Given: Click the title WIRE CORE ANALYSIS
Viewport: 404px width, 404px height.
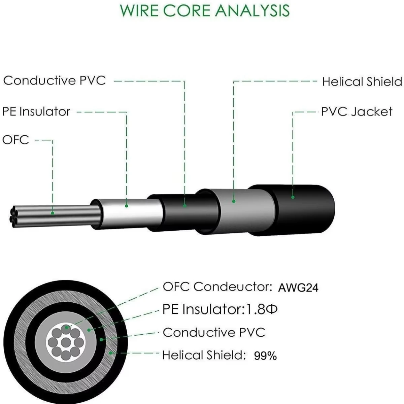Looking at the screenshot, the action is (205, 10).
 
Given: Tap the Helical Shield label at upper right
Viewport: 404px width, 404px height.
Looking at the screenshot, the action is (362, 81).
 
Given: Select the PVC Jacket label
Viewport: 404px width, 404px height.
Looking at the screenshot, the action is (357, 111).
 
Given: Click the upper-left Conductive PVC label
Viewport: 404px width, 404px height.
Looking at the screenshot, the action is (55, 80).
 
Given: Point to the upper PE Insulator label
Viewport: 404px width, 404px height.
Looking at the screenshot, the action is (36, 111).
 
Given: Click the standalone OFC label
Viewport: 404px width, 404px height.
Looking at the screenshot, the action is (15, 140).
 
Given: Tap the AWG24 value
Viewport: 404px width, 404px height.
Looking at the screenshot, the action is (298, 288).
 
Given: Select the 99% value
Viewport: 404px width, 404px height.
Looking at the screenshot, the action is (265, 356).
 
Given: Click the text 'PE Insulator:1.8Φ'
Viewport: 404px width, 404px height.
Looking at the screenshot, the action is (220, 309).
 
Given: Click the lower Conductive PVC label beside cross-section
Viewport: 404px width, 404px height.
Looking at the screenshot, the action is (214, 332).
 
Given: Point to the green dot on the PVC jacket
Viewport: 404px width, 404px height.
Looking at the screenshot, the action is (293, 197).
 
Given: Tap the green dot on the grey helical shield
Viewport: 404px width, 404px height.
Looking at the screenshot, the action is (234, 201).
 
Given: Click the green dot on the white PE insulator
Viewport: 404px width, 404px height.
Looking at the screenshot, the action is (127, 206).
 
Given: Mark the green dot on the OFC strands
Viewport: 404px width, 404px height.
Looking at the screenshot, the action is (53, 213).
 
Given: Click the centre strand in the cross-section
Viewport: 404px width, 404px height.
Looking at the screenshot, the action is (66, 342).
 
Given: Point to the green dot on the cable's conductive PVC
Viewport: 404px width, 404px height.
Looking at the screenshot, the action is (185, 206).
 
